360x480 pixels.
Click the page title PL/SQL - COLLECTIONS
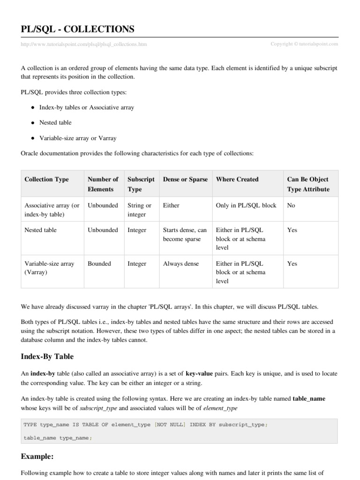(78, 30)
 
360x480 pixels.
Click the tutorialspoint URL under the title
(84, 45)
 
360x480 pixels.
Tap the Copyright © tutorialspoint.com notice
(304, 44)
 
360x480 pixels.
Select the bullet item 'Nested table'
(55, 123)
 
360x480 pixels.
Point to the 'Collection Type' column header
(46, 180)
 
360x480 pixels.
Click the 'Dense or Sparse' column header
(185, 180)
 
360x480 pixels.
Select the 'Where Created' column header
(237, 180)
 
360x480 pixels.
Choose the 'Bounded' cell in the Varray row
(99, 264)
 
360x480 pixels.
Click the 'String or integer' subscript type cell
(139, 210)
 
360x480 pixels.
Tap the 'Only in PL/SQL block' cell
(246, 206)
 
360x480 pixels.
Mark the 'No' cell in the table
(291, 206)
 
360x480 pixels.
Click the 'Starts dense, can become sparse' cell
(185, 235)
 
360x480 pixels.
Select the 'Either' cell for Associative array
(171, 206)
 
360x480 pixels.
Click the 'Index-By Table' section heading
(47, 357)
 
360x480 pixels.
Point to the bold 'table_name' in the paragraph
(309, 398)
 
